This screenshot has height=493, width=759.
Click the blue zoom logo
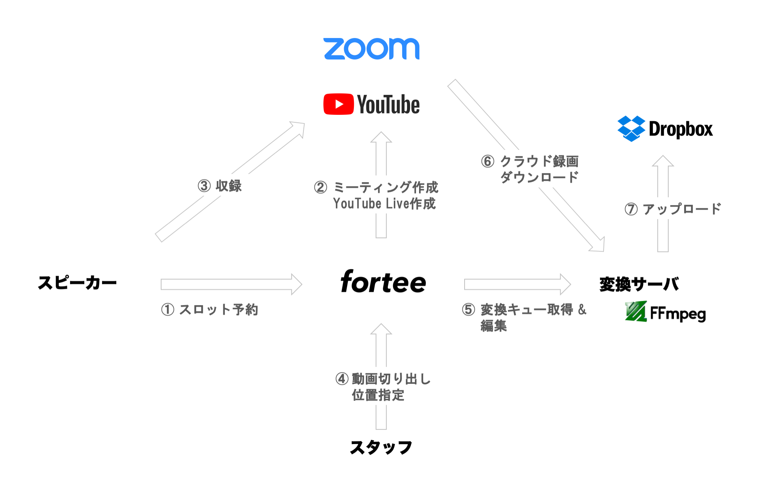tap(371, 49)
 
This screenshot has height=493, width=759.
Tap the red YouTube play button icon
tap(338, 104)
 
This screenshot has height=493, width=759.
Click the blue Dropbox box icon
tap(631, 129)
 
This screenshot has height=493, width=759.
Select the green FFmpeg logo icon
tap(636, 311)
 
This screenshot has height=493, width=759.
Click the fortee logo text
tap(383, 281)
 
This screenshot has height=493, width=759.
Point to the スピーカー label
tap(77, 282)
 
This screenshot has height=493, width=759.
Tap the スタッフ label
tap(381, 447)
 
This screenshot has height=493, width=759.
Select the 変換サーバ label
tap(639, 284)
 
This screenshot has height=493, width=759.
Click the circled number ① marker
tap(168, 310)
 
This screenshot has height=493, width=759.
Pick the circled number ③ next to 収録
tap(204, 186)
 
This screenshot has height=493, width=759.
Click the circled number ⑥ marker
tap(488, 161)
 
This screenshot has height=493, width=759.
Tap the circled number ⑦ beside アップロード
tap(631, 209)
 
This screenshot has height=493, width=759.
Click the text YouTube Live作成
tap(384, 204)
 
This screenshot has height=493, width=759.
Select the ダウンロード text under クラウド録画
tap(539, 177)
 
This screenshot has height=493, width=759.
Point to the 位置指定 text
tap(378, 395)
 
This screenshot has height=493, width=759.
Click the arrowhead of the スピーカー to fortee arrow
tap(297, 284)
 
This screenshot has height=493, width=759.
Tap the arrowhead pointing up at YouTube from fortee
tap(381, 137)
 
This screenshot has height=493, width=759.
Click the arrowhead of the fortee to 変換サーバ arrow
tap(566, 284)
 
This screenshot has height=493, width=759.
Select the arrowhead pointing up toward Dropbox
tap(663, 161)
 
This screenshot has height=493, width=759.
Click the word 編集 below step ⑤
tap(494, 326)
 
